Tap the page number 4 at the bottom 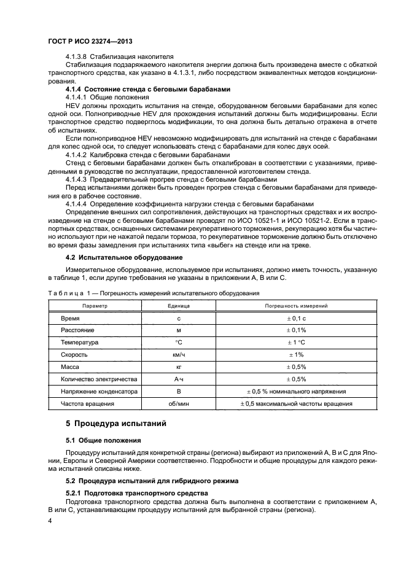pos(52,521)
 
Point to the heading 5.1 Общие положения pos(103,440)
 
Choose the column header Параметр pos(95,305)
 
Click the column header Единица pos(179,305)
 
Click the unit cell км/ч pos(179,355)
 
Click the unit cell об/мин pos(179,404)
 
